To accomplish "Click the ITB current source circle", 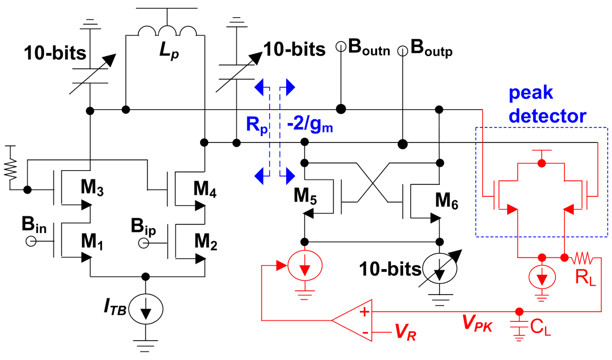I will tap(146, 309).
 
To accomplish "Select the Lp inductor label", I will tap(169, 51).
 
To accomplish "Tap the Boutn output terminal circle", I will tap(341, 47).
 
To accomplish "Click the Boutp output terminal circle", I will tap(402, 51).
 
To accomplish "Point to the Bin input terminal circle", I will tap(31, 241).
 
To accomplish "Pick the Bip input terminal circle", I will tap(144, 243).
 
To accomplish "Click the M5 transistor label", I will tap(305, 196).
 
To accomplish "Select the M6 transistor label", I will tap(446, 201).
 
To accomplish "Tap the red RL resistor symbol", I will tap(583, 258).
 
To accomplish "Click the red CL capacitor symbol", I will tap(519, 327).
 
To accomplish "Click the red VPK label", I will tap(477, 323).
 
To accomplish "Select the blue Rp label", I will tap(257, 125).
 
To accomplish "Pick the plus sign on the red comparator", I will tap(364, 312).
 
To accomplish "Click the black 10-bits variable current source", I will tap(439, 268).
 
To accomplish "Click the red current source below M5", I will tap(304, 266).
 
